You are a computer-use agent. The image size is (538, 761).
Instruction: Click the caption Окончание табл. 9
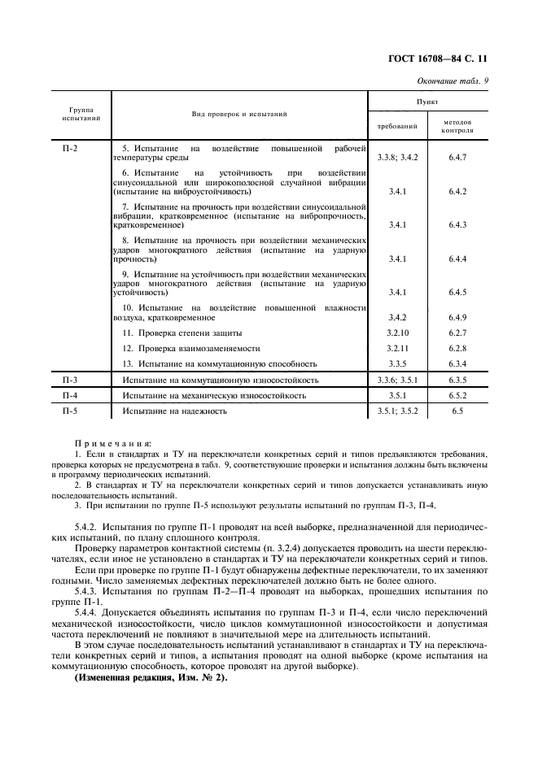453,80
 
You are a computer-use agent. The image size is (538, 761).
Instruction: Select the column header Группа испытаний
81,113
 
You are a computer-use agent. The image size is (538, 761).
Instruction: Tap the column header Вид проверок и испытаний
239,114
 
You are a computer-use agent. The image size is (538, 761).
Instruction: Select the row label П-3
70,380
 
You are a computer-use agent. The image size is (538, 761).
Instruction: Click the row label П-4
70,395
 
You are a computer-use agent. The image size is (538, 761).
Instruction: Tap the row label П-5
70,411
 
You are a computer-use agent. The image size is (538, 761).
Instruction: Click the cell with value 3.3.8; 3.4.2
397,157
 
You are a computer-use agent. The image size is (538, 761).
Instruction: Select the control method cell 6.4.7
457,157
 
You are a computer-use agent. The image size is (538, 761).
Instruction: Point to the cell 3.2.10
397,333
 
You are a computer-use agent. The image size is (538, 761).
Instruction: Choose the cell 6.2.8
457,349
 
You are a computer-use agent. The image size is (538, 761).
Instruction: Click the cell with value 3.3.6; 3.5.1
397,380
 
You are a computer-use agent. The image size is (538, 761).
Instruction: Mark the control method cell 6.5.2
457,395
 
